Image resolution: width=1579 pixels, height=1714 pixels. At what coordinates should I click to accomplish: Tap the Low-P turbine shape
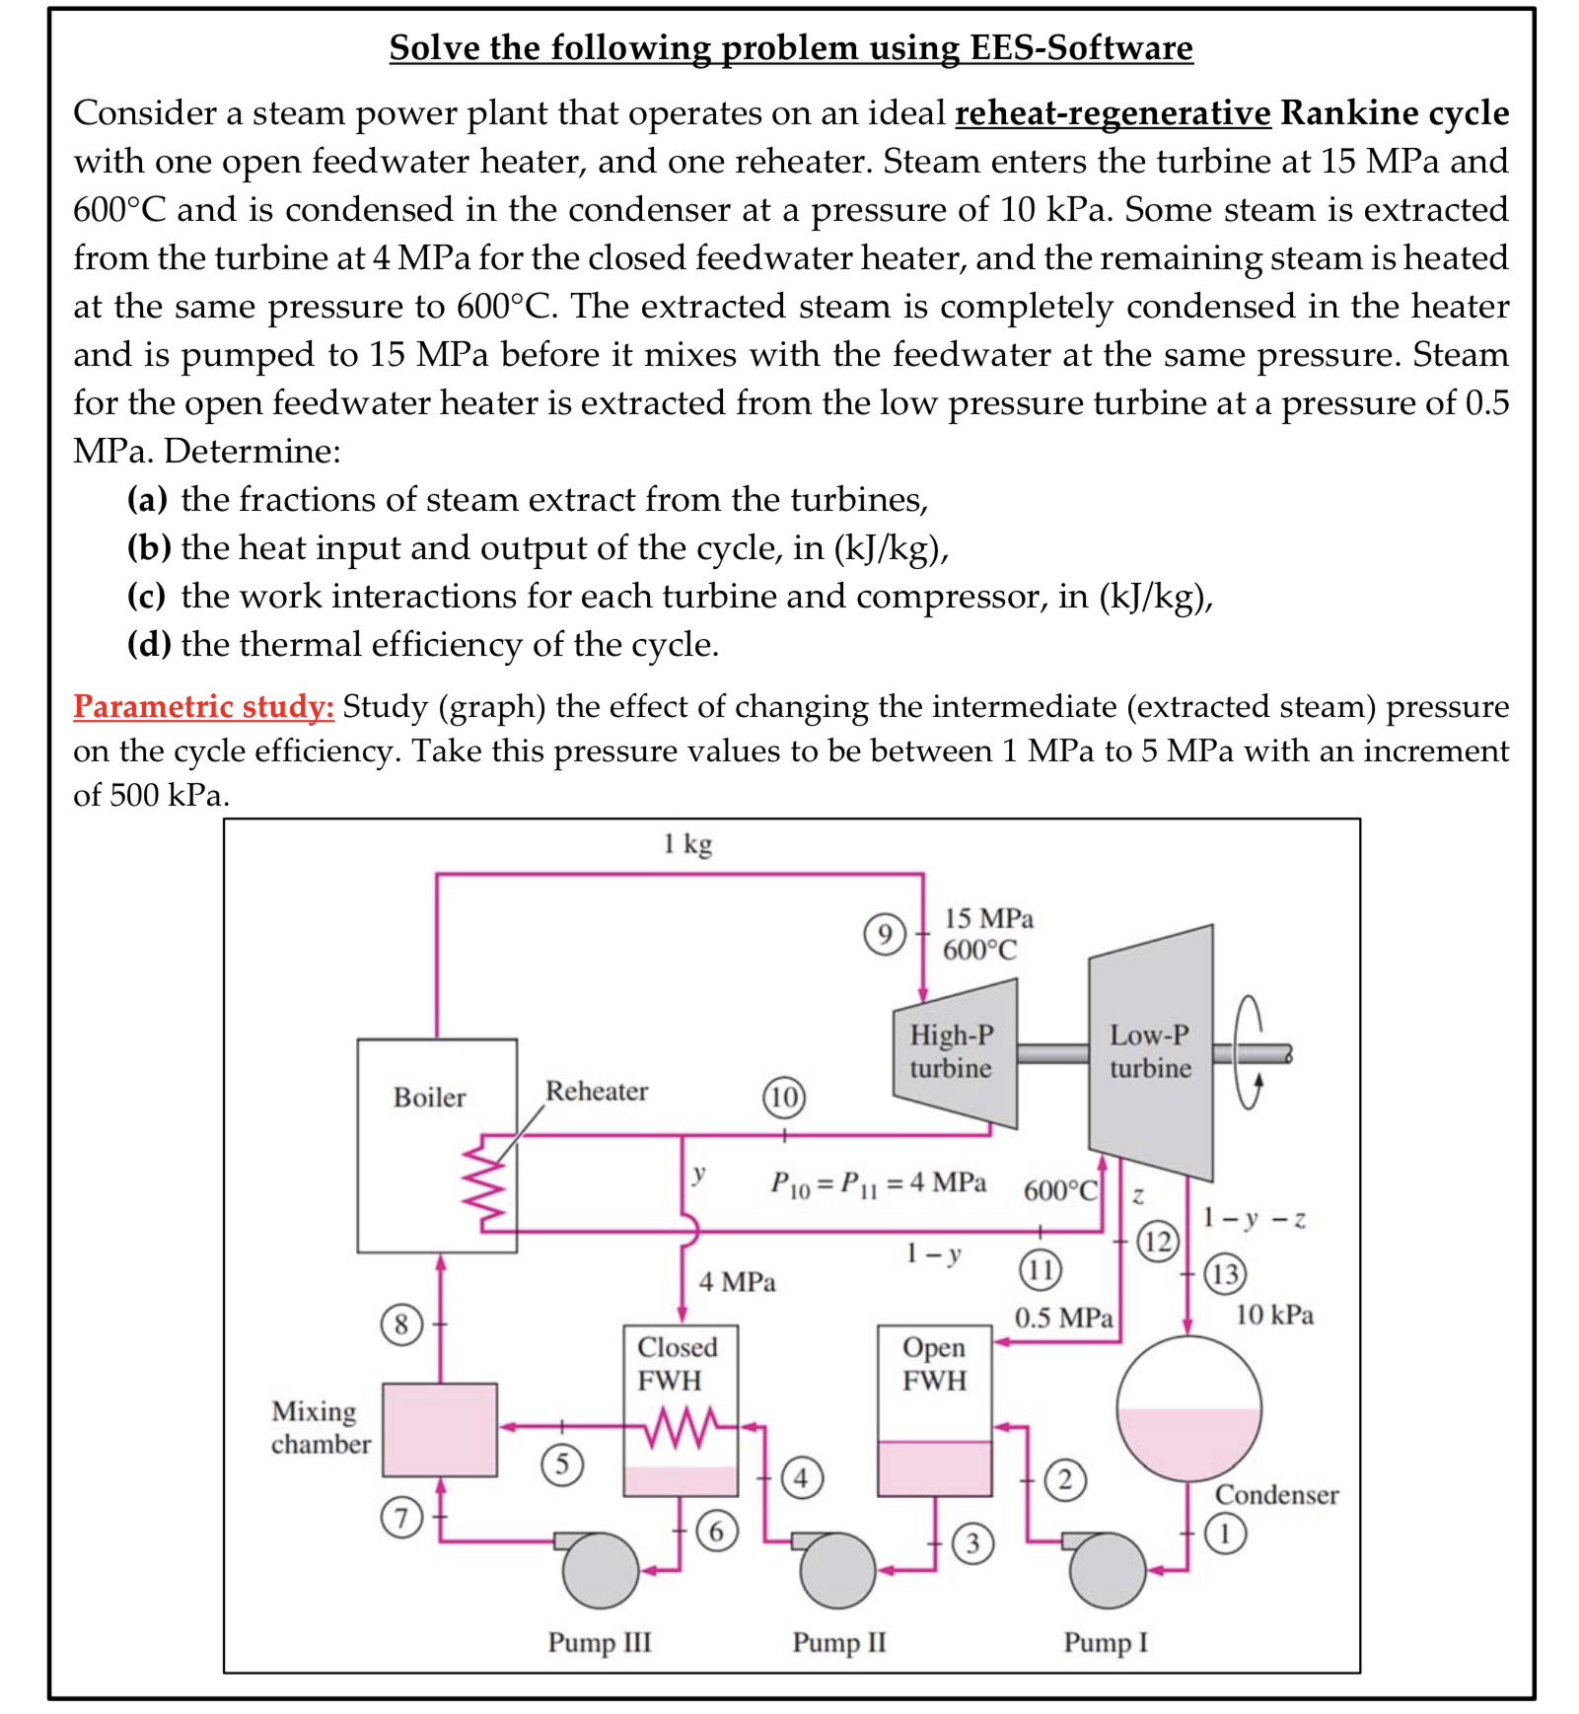1151,1052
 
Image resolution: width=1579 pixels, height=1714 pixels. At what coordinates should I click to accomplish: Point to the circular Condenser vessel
1188,1407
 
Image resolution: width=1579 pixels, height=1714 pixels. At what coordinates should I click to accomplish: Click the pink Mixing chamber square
439,1429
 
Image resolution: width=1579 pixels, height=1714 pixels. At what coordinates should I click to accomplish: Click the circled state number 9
884,934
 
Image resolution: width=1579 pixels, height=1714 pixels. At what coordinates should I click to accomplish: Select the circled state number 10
783,1097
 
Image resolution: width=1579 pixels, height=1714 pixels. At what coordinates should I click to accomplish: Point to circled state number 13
1224,1273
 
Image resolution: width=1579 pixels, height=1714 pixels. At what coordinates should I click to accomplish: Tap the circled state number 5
562,1464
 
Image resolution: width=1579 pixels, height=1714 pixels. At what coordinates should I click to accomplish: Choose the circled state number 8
401,1323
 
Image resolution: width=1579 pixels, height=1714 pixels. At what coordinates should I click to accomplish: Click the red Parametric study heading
203,706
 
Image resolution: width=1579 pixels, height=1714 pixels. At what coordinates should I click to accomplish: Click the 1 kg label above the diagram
687,844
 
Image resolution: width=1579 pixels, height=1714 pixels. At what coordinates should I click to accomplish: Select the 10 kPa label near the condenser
1274,1315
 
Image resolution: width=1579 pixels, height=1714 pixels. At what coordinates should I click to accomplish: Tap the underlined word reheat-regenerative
1112,112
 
